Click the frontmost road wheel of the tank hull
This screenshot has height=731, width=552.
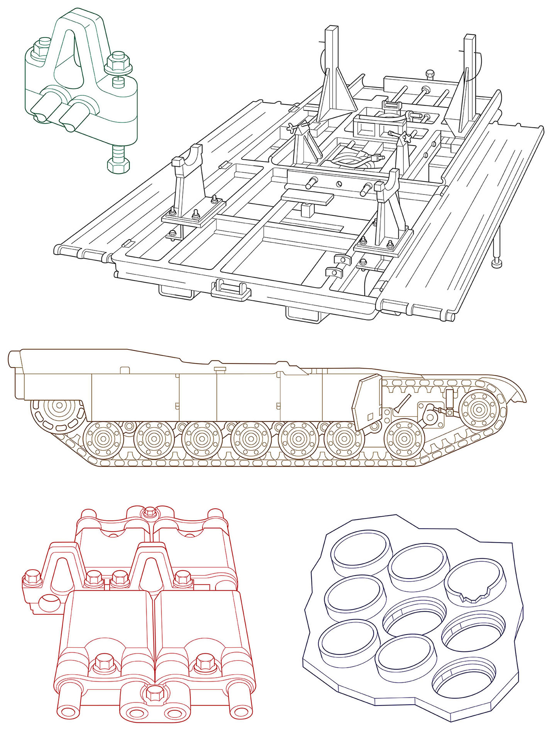click(x=404, y=439)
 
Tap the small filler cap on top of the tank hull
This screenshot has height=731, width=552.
click(x=220, y=370)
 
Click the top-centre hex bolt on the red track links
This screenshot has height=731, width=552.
click(x=148, y=513)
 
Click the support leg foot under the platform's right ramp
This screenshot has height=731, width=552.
click(x=497, y=264)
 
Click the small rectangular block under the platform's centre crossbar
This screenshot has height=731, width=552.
click(x=307, y=211)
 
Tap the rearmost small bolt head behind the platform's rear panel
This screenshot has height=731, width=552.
click(x=429, y=74)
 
